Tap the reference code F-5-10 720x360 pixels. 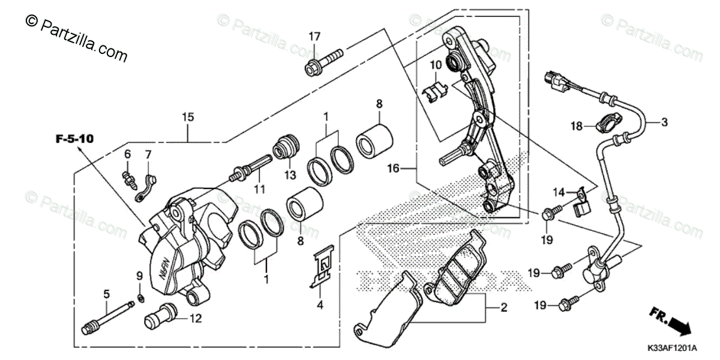[x=74, y=139]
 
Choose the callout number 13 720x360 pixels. [x=290, y=175]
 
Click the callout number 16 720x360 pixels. [x=393, y=170]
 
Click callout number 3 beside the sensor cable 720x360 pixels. [x=664, y=123]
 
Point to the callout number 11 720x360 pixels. [x=259, y=189]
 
